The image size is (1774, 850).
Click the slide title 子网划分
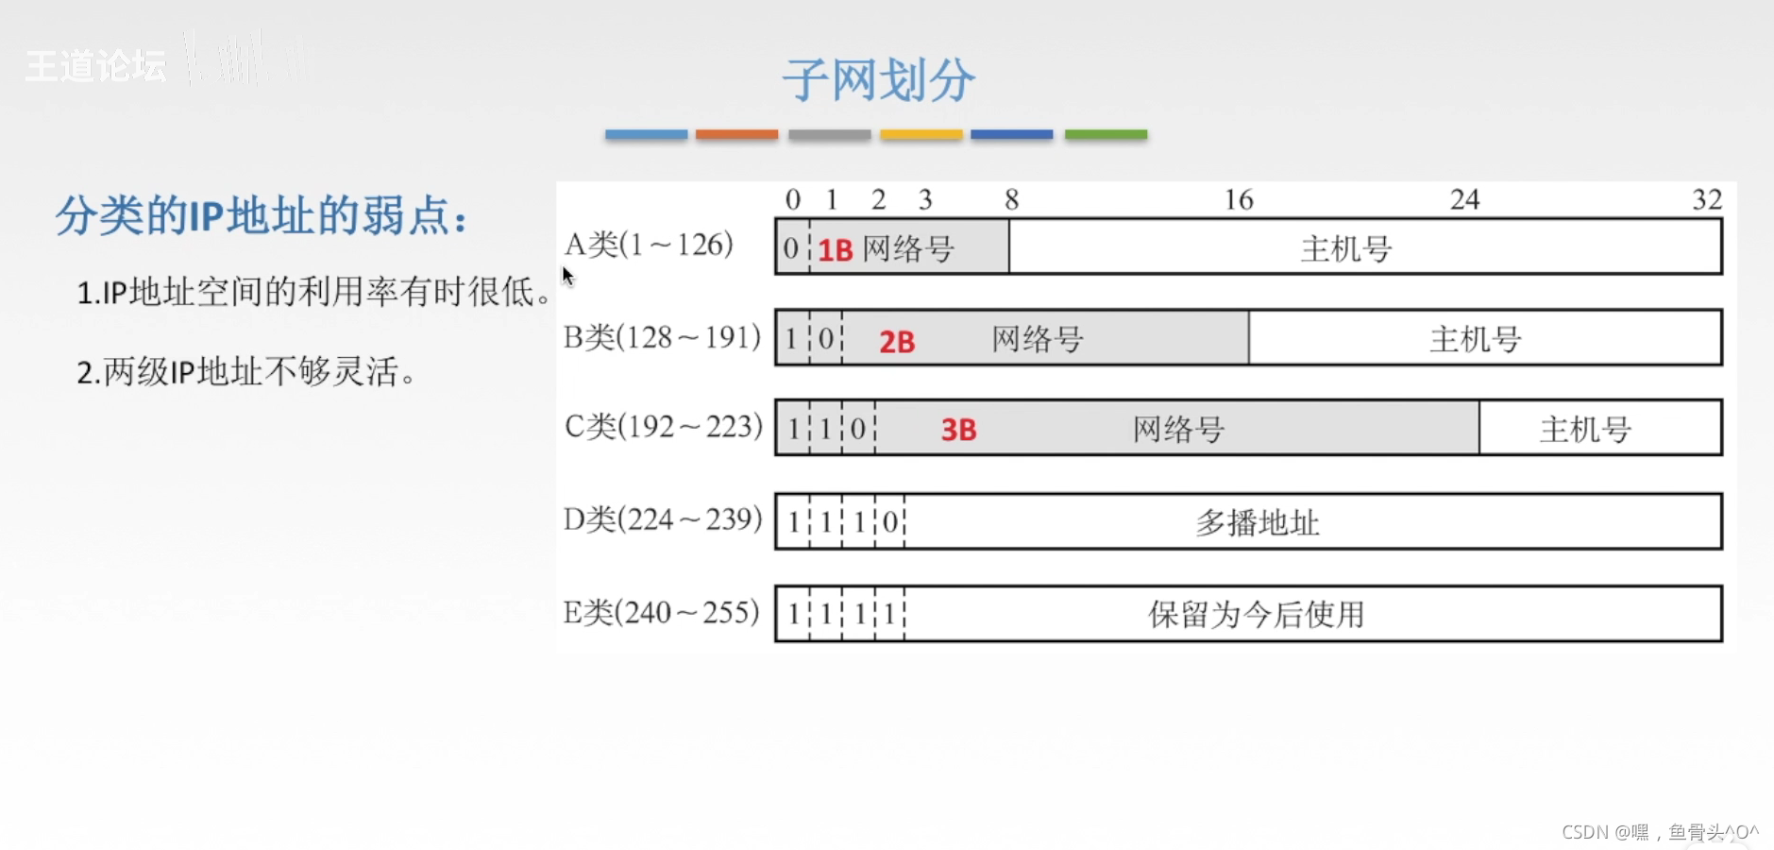click(878, 79)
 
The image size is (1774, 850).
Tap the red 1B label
click(836, 250)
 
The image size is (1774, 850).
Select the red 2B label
click(897, 341)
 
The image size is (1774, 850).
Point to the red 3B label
click(958, 431)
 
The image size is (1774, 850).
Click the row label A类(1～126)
click(649, 246)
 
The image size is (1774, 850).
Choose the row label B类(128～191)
click(662, 337)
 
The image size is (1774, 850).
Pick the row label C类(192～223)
click(663, 427)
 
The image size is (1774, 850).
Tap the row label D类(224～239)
click(663, 519)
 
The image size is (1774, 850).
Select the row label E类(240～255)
click(661, 613)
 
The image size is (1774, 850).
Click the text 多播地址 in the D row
click(1257, 522)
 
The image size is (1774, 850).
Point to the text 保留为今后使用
click(1256, 615)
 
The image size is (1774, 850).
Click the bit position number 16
click(1239, 199)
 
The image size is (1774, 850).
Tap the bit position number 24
click(1464, 199)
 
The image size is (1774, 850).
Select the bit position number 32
click(1707, 199)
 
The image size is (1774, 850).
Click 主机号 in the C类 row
click(1585, 430)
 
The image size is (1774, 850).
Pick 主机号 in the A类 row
click(1346, 249)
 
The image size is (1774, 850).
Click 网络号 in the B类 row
click(1037, 339)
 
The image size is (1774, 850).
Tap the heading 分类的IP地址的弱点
click(262, 216)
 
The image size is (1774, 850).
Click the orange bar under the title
click(736, 135)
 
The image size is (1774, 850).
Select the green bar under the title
click(1106, 135)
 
